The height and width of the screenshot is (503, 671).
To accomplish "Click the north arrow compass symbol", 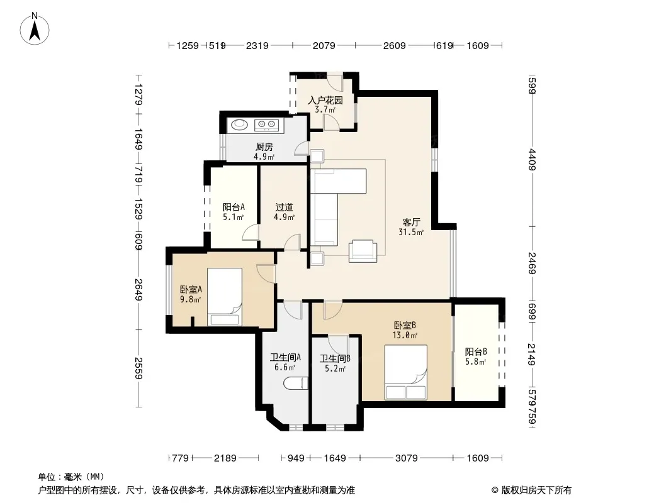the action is (x=35, y=29).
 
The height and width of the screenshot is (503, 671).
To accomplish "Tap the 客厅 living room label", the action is (x=411, y=222).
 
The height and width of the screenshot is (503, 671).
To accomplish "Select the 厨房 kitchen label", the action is (x=264, y=147).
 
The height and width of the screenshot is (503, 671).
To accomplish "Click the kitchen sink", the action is (x=240, y=124).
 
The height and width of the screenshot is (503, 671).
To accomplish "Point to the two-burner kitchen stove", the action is (x=266, y=124).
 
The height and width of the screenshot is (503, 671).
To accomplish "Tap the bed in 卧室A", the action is (x=225, y=297).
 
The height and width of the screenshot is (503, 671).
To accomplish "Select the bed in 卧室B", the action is (x=405, y=372).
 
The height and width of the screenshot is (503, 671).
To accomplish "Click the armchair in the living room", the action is (x=363, y=251).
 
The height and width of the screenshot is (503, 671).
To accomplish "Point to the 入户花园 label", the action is (x=325, y=101).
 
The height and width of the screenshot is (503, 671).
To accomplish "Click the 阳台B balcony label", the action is (x=476, y=351).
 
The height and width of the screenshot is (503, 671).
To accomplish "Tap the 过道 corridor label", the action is (x=284, y=207).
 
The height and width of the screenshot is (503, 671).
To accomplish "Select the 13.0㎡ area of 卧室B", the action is (x=405, y=336).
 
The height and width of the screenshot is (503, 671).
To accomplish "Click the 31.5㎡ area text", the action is (x=411, y=233).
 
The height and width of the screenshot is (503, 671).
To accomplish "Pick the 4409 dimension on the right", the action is (x=532, y=159).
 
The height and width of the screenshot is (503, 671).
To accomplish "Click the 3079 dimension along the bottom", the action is (x=406, y=458).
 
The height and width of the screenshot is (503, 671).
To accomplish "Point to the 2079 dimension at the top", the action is (x=324, y=45).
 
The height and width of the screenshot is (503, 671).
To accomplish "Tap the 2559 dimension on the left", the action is (x=138, y=368).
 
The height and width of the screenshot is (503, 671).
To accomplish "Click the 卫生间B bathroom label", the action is (x=335, y=358).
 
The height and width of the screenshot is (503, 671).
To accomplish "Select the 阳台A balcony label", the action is (x=234, y=207).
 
